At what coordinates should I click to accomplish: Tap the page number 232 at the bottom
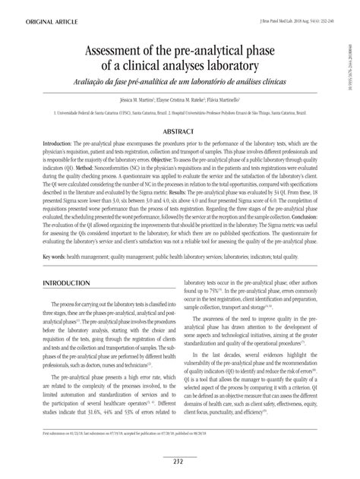(180, 460)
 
